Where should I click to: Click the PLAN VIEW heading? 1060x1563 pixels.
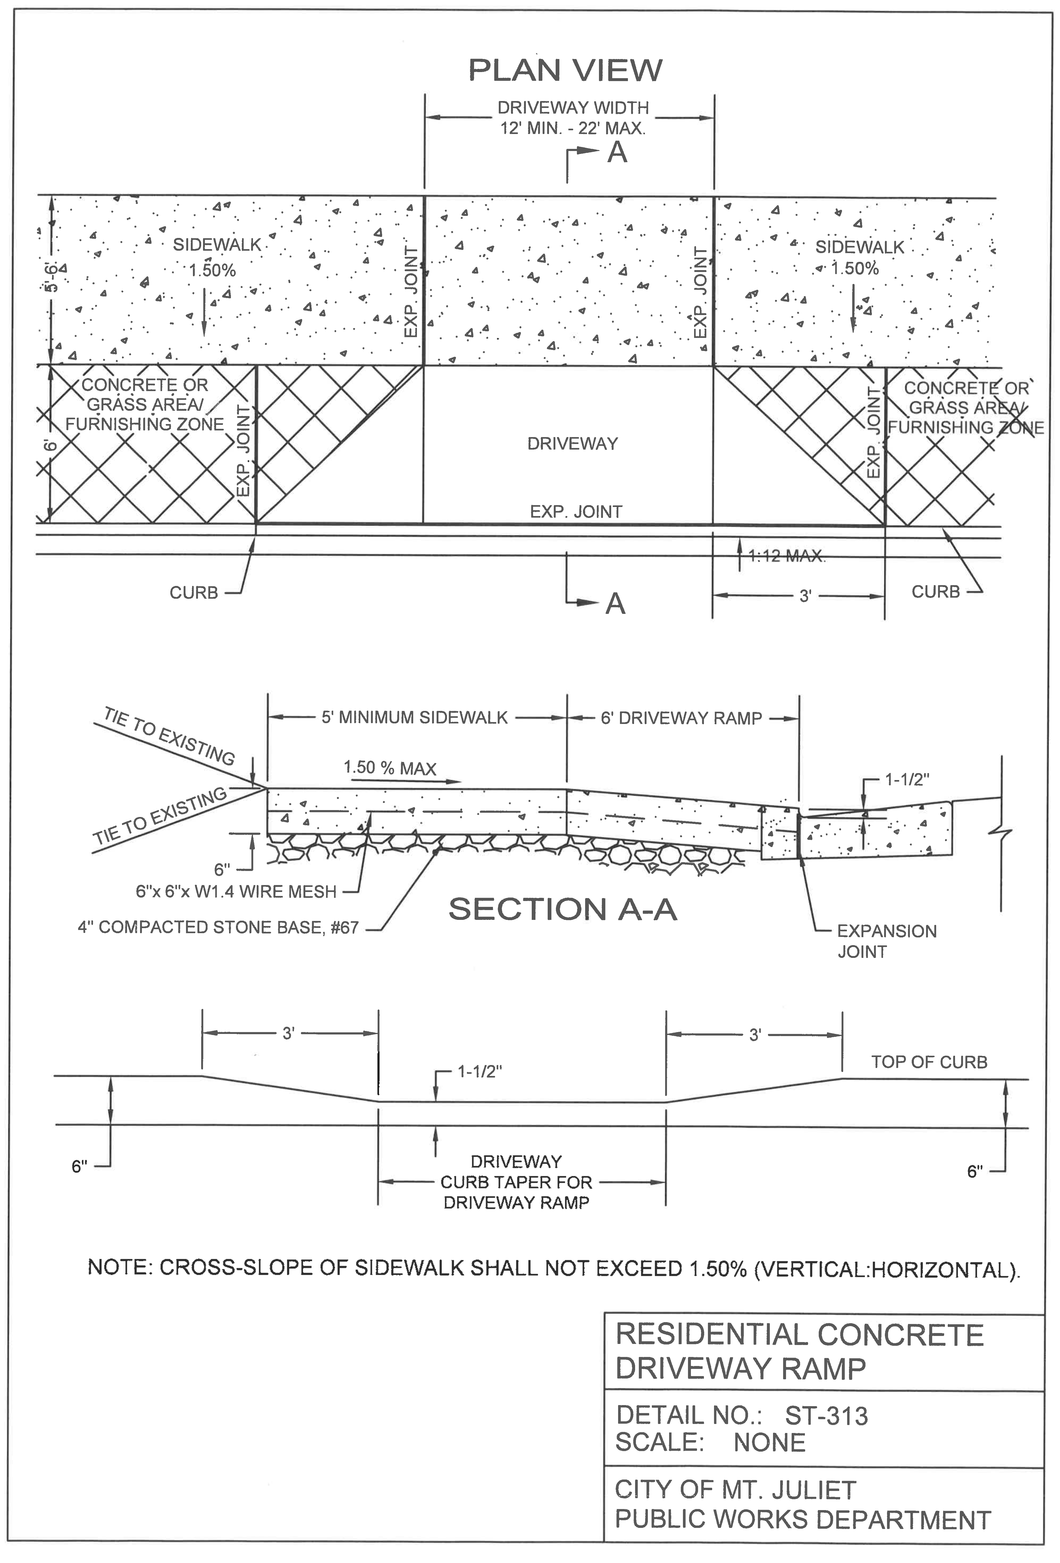pyautogui.click(x=565, y=70)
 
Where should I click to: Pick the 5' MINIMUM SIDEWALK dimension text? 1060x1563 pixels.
pyautogui.click(x=414, y=718)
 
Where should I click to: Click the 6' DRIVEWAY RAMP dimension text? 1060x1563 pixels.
pyautogui.click(x=681, y=718)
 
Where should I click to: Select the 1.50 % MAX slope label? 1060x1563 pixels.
pyautogui.click(x=390, y=768)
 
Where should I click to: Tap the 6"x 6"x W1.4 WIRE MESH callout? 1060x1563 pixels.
pyautogui.click(x=236, y=892)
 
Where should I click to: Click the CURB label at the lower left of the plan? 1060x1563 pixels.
pyautogui.click(x=193, y=593)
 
